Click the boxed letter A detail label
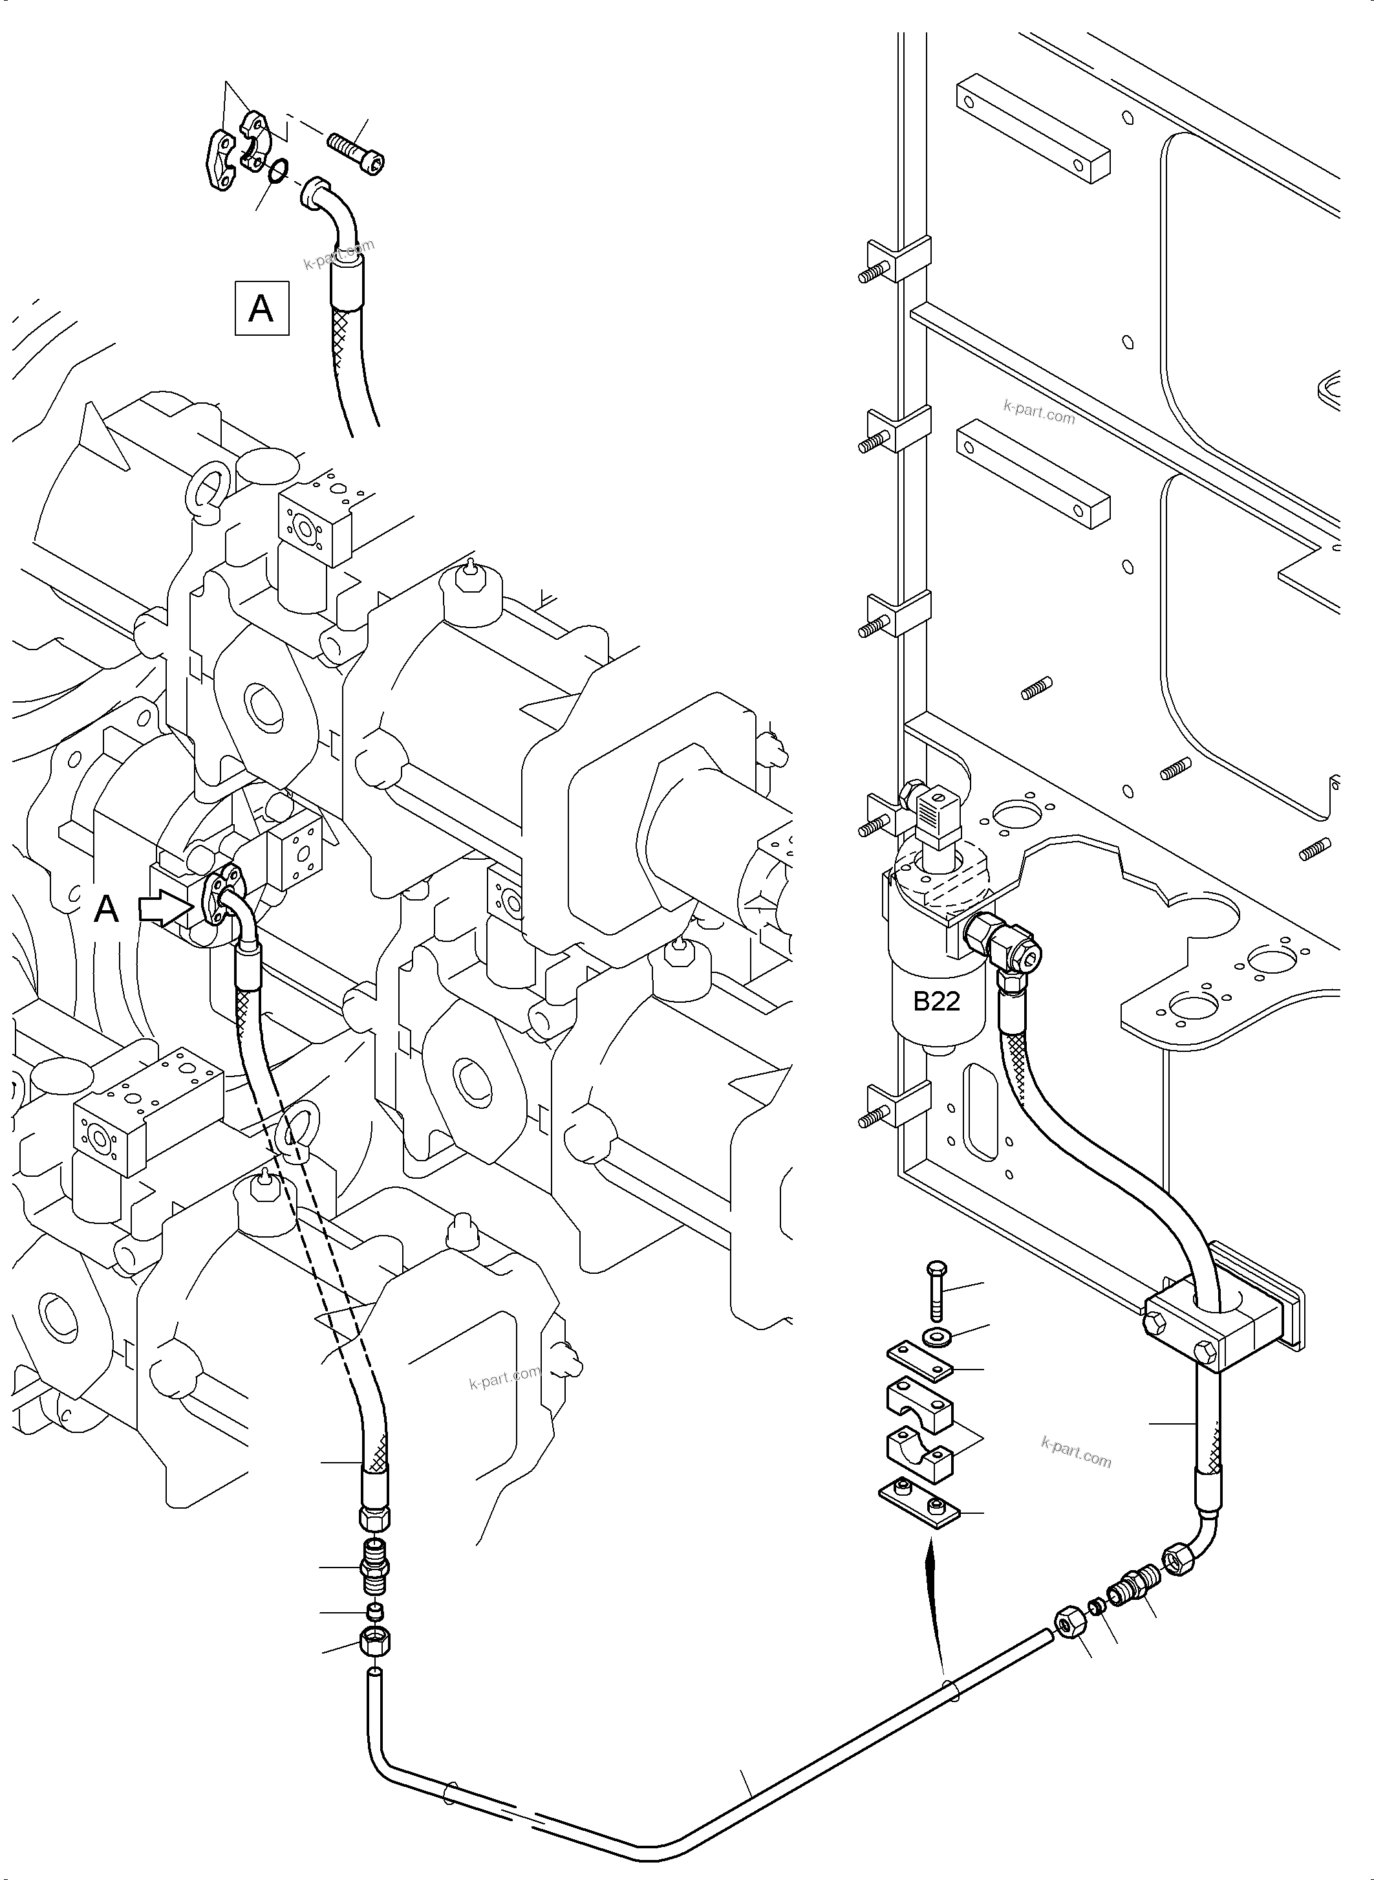(261, 309)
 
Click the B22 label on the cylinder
(936, 1001)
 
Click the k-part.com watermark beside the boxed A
(339, 255)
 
